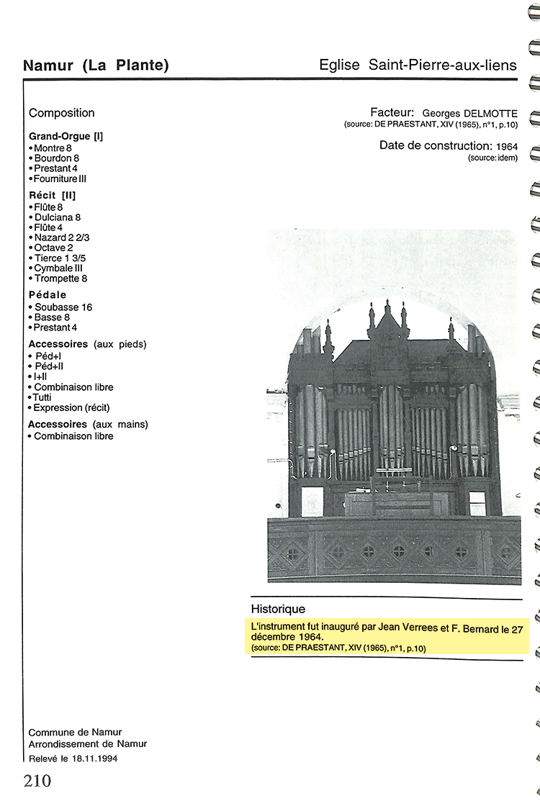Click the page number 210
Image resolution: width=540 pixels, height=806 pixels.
37,781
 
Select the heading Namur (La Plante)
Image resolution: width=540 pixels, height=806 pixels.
96,65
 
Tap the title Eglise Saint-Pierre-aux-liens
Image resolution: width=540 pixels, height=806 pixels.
418,65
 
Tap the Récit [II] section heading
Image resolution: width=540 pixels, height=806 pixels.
52,195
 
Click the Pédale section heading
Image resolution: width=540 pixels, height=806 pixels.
48,295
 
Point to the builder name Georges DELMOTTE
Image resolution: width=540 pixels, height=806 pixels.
470,113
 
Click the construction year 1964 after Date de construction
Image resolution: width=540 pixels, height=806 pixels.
507,147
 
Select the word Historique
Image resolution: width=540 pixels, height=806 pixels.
278,609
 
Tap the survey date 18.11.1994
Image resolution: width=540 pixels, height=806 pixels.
94,759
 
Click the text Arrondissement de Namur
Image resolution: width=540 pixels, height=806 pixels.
88,744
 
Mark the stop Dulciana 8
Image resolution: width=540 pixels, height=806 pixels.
58,217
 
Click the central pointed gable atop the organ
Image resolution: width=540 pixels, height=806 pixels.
387,324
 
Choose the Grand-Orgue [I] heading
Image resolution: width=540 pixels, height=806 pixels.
66,136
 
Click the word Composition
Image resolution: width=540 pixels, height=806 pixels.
62,113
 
